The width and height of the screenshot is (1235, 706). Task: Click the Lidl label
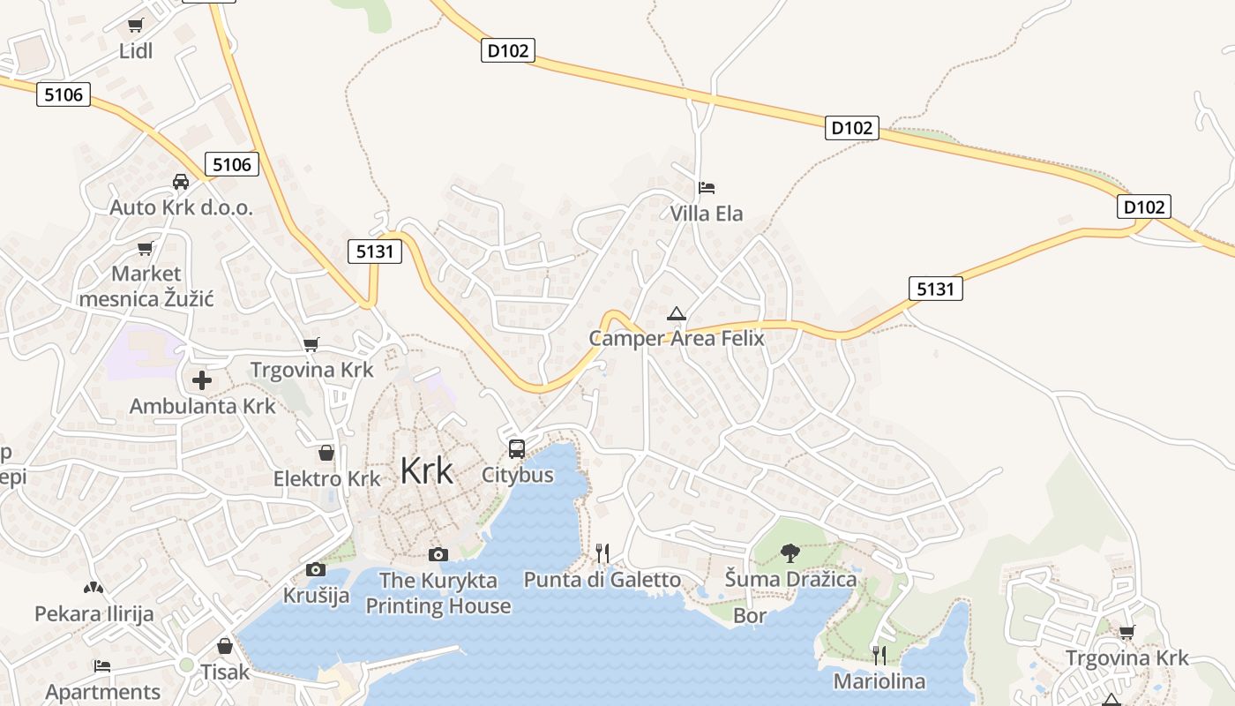136,51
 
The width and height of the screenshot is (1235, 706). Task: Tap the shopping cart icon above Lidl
135,26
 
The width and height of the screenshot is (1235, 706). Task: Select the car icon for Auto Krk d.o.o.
181,182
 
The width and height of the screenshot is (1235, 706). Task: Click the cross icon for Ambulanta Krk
202,380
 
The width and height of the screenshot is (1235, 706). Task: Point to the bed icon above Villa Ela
706,188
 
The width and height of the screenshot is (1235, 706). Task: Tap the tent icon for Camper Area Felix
677,313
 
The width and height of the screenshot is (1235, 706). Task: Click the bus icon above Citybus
517,448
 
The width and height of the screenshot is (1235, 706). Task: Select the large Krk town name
427,470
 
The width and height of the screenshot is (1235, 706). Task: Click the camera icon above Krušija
315,570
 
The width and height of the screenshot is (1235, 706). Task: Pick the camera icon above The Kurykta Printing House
438,554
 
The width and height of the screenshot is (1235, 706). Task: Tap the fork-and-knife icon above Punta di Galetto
603,553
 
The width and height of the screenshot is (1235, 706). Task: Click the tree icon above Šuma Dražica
790,553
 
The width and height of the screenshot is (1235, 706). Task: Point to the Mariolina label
879,681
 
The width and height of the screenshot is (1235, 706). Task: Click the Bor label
750,616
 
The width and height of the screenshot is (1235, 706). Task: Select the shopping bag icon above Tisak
225,646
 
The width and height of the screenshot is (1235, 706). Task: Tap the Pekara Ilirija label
94,613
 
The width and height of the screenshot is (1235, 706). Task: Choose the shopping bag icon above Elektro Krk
326,454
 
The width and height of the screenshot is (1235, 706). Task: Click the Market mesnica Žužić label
146,286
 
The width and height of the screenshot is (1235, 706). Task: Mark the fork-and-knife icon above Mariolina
879,655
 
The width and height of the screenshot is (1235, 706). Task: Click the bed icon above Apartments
102,665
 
